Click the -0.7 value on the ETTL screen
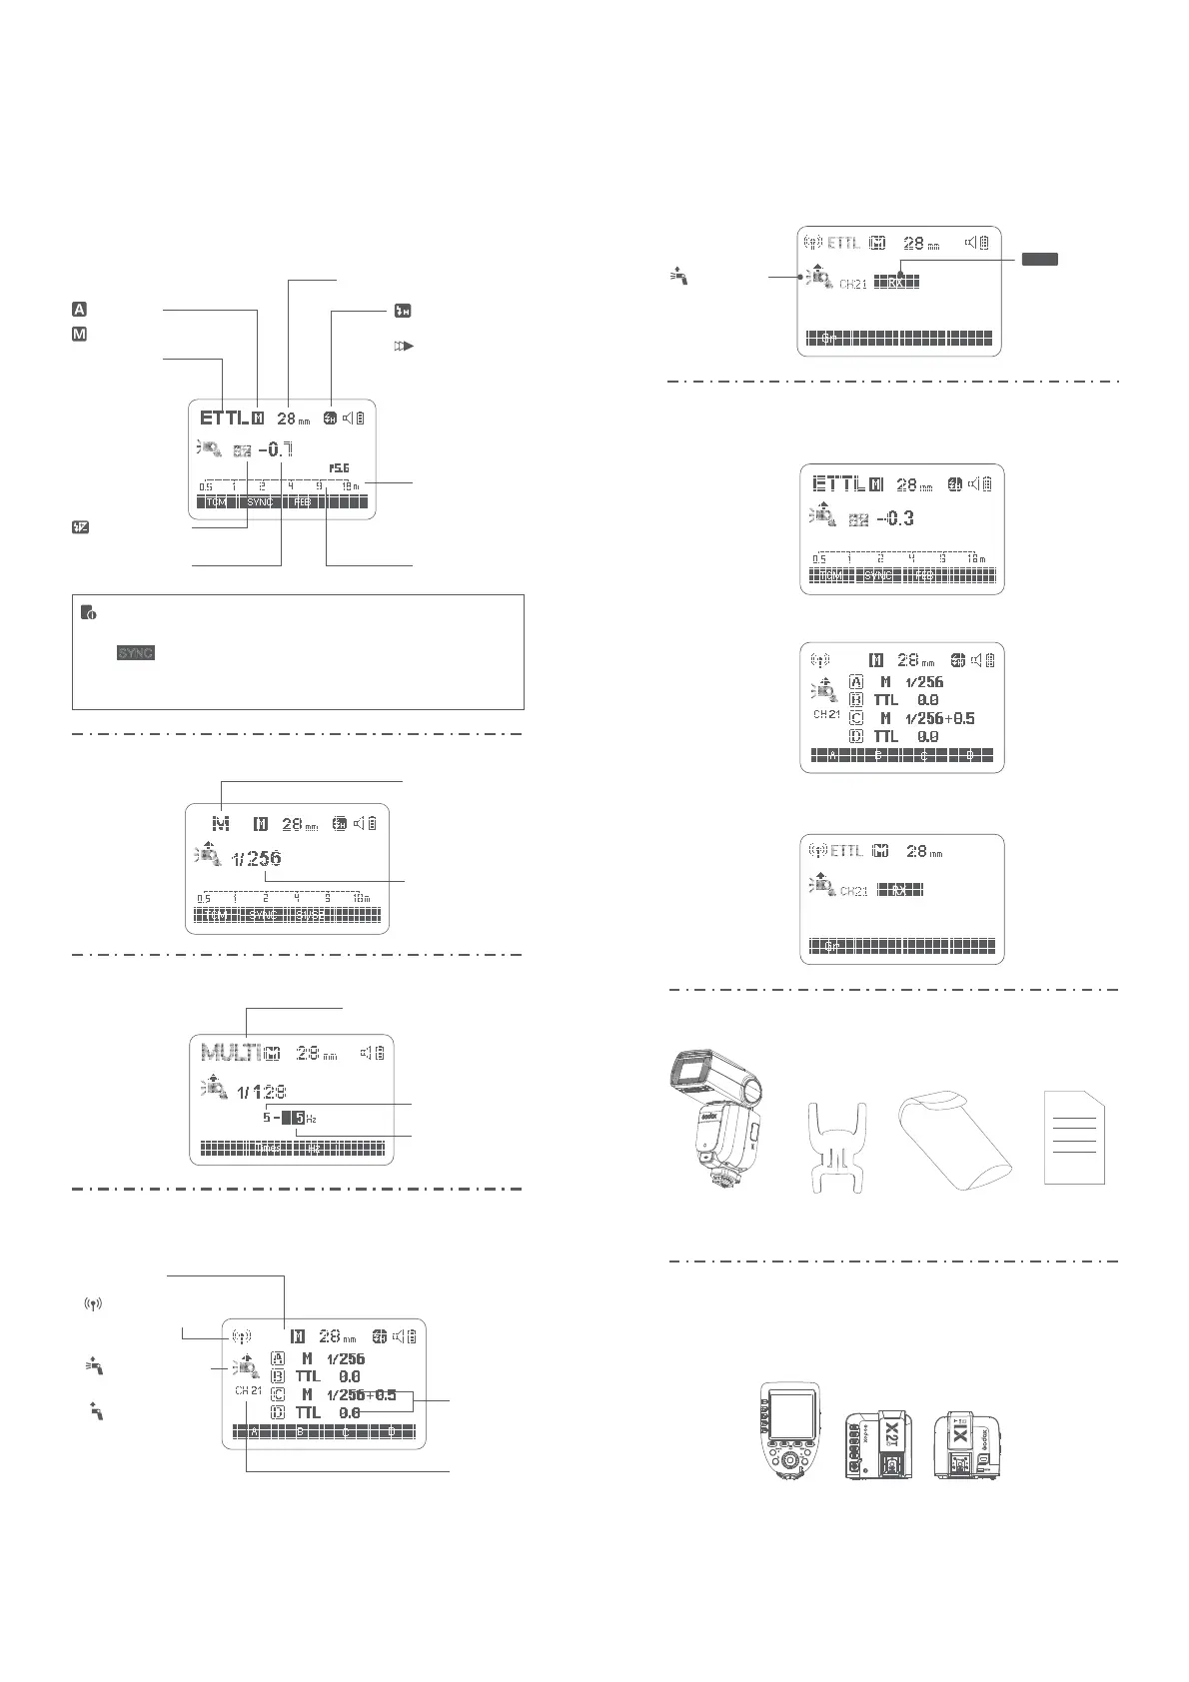click(275, 450)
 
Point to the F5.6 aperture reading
click(339, 467)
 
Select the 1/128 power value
click(261, 1092)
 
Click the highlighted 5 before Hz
click(298, 1118)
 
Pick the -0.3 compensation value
click(894, 518)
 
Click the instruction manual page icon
click(1074, 1137)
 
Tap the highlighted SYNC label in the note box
click(136, 653)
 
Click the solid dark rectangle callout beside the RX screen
click(1040, 259)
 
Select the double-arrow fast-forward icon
click(404, 346)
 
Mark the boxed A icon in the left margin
click(79, 311)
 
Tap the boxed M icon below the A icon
click(79, 334)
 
